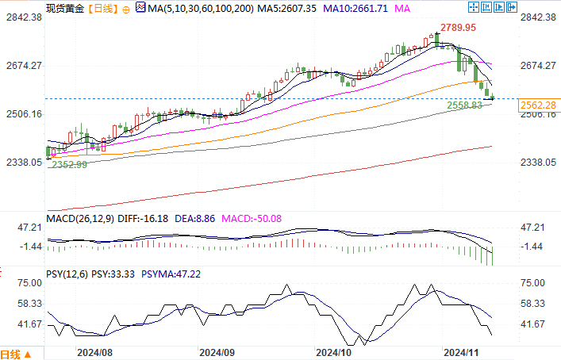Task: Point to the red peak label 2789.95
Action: point(459,27)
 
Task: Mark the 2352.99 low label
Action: point(70,164)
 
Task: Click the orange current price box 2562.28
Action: point(537,105)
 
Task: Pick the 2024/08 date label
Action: point(94,350)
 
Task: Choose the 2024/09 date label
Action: point(216,350)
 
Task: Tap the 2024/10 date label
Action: point(333,350)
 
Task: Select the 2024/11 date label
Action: point(460,350)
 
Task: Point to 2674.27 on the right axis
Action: point(537,65)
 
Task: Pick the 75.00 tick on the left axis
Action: point(30,283)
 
